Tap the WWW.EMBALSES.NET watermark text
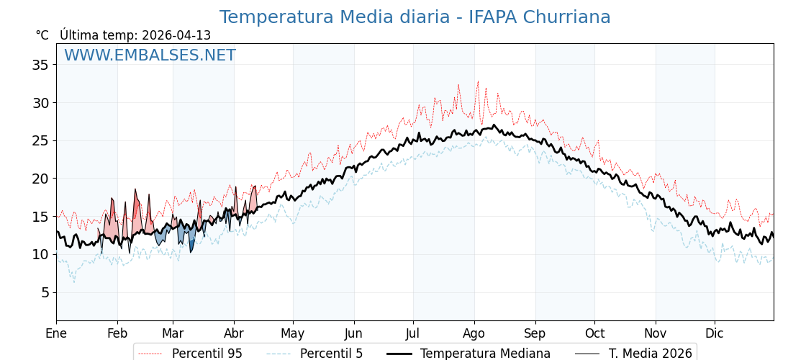click(x=150, y=55)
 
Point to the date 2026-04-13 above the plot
click(x=176, y=35)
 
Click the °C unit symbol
click(x=42, y=35)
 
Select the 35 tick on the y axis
click(x=40, y=65)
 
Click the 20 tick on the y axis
click(x=40, y=179)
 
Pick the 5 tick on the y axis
click(x=44, y=292)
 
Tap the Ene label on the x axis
click(x=56, y=333)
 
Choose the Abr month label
click(x=234, y=333)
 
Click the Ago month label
click(x=474, y=333)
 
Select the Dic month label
click(x=715, y=333)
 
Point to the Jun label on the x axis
click(x=353, y=333)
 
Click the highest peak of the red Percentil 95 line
click(x=478, y=81)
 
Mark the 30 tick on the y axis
click(x=40, y=103)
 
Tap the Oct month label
click(x=594, y=333)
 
